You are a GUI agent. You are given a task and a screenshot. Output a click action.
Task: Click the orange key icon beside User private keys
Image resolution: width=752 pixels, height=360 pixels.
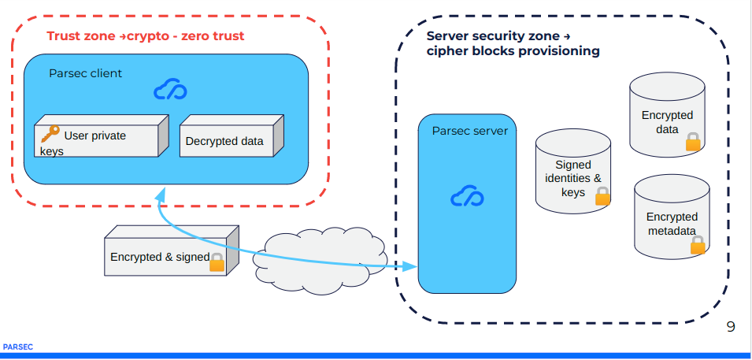pyautogui.click(x=50, y=134)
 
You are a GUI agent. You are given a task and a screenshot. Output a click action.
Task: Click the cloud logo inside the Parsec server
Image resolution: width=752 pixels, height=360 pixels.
pyautogui.click(x=467, y=197)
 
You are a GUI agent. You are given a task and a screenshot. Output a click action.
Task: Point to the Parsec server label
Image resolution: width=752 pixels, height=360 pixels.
pyautogui.click(x=469, y=131)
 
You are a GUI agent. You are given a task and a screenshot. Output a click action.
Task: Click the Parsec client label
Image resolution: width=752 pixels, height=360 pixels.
pyautogui.click(x=85, y=73)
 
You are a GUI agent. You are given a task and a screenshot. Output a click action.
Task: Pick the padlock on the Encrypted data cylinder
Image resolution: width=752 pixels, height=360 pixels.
pyautogui.click(x=693, y=142)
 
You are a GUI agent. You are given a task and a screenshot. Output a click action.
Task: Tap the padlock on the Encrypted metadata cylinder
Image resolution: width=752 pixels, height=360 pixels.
pyautogui.click(x=698, y=245)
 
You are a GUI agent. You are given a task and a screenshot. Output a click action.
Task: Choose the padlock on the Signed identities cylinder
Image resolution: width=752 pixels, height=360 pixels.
pyautogui.click(x=602, y=196)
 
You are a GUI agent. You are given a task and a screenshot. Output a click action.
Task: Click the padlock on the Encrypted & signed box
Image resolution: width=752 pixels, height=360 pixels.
pyautogui.click(x=217, y=262)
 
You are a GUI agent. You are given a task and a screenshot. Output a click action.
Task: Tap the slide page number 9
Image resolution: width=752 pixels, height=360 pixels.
pyautogui.click(x=731, y=326)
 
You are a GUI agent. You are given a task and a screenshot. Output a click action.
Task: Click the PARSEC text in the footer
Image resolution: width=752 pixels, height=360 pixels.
pyautogui.click(x=17, y=346)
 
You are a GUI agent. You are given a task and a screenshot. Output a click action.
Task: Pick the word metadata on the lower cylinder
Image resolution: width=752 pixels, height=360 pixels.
pyautogui.click(x=672, y=231)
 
